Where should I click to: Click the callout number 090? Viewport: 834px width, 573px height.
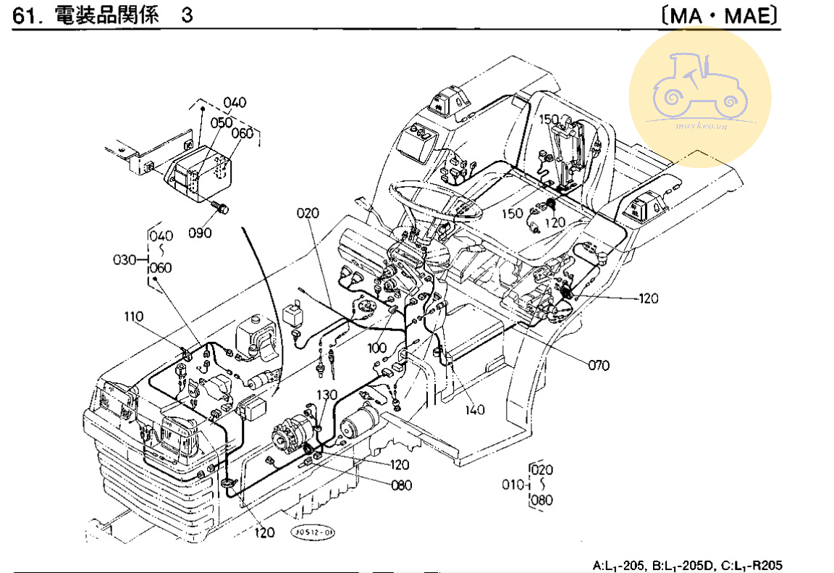tap(200, 233)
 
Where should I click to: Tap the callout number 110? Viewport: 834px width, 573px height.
tap(134, 317)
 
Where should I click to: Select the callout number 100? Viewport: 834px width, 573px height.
tap(376, 348)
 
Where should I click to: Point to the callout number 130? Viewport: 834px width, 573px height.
tap(327, 394)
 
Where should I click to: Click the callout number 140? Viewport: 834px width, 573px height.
tap(475, 410)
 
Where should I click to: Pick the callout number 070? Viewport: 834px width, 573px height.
tap(599, 365)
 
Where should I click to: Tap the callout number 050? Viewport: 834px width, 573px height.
tap(222, 122)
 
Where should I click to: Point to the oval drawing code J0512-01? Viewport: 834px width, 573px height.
tap(313, 532)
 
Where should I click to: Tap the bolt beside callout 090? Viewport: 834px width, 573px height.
tap(219, 208)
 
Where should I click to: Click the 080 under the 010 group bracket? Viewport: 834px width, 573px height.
tap(542, 499)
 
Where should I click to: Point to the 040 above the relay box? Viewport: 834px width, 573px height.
tap(235, 102)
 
